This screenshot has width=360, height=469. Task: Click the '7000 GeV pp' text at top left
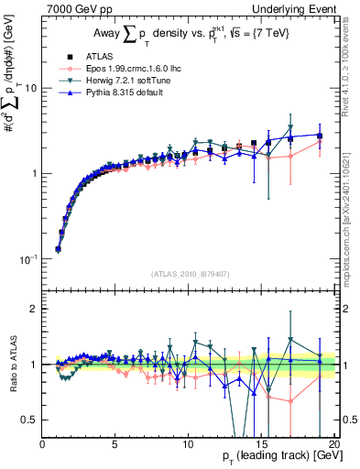(x=74, y=8)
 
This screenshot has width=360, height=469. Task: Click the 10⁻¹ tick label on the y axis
(x=27, y=259)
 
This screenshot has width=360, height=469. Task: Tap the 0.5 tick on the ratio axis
(x=29, y=420)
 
